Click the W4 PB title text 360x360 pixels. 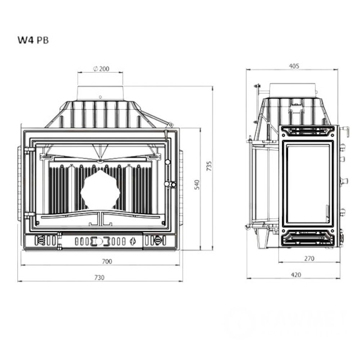tap(33, 40)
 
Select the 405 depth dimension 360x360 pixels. tap(294, 66)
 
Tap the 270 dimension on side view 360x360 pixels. tap(309, 258)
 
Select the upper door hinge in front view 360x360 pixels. tap(29, 150)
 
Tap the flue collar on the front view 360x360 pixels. tap(100, 93)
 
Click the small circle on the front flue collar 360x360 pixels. tap(100, 97)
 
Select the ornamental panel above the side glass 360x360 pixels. tap(308, 132)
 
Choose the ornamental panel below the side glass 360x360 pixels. tap(308, 238)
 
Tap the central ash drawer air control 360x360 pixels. tap(101, 240)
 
